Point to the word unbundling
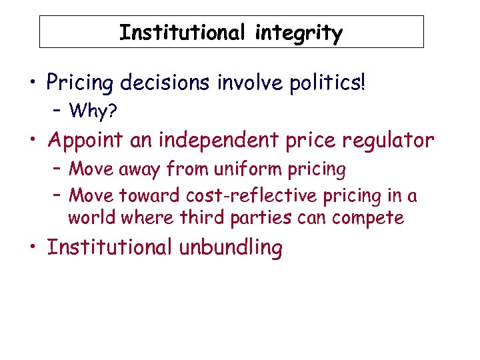point(230,247)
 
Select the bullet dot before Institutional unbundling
point(32,248)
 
